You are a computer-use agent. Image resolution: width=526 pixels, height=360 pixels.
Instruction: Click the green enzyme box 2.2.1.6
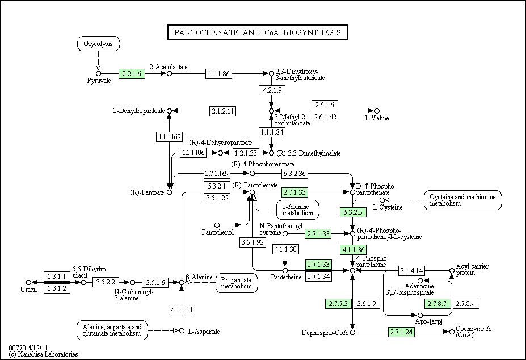point(132,74)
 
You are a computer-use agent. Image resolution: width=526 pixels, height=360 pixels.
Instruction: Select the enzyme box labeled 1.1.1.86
point(218,74)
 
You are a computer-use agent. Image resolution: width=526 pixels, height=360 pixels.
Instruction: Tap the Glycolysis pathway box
point(98,44)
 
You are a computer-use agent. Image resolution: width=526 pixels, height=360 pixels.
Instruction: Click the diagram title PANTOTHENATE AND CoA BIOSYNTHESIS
point(257,32)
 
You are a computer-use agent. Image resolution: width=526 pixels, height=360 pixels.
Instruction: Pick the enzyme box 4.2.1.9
point(272,90)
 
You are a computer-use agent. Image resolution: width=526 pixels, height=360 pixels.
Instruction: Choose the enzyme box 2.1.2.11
point(223,111)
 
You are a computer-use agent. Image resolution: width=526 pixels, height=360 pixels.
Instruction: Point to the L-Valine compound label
point(377,118)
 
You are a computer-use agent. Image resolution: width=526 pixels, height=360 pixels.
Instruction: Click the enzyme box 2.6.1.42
point(325,117)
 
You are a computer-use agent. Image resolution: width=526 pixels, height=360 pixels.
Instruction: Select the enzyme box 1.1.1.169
point(170,136)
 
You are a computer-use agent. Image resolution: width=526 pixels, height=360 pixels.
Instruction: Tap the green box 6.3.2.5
point(353,212)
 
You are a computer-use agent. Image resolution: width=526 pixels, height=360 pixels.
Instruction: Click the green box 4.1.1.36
point(353,249)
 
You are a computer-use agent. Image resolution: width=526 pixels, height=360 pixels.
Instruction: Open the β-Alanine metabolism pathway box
point(298,210)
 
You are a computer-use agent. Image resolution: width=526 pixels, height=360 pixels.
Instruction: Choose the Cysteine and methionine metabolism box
point(463,200)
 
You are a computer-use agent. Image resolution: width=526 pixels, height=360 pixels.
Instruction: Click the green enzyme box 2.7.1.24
point(402,332)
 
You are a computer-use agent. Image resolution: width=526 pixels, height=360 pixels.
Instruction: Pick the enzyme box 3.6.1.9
point(367,304)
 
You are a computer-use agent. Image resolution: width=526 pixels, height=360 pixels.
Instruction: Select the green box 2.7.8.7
point(438,304)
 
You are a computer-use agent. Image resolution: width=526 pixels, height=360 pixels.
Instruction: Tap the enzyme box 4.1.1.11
point(182,309)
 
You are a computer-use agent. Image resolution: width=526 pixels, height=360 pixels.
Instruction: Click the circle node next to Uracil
point(28,282)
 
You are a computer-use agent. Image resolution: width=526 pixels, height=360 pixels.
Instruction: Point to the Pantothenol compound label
point(218,232)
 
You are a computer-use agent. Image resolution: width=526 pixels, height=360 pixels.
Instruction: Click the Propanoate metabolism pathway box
point(237,283)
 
